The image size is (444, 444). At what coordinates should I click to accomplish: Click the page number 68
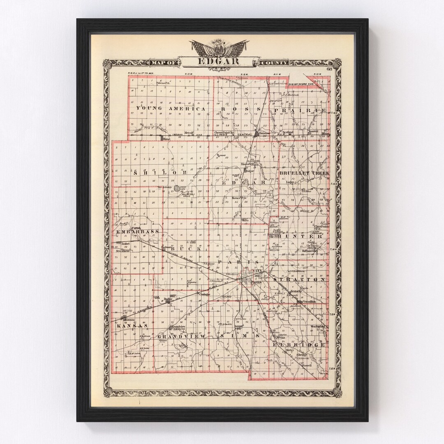(x=330, y=68)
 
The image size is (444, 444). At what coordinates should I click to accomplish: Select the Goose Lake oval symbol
(x=176, y=188)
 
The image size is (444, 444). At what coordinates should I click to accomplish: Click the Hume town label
(x=166, y=139)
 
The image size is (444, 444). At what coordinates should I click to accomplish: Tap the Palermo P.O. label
(x=163, y=83)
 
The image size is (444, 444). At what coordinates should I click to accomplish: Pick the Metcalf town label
(x=189, y=132)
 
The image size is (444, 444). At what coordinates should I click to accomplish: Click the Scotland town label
(x=288, y=132)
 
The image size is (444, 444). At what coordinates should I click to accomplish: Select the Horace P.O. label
(x=238, y=198)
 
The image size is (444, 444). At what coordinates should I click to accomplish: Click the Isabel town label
(x=120, y=243)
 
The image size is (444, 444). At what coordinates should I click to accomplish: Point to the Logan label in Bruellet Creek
(x=297, y=182)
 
